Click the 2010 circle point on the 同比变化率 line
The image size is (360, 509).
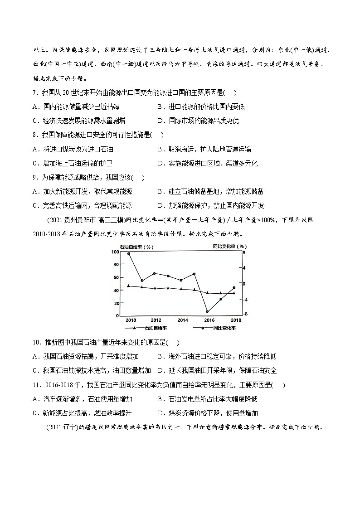pyautogui.click(x=129, y=254)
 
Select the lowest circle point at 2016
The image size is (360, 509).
pyautogui.click(x=207, y=311)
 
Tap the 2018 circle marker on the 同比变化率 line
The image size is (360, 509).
pyautogui.click(x=234, y=287)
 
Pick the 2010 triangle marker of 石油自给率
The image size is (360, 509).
pyautogui.click(x=129, y=286)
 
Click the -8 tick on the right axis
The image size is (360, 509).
pyautogui.click(x=245, y=314)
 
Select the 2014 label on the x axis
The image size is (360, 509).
pyautogui.click(x=182, y=320)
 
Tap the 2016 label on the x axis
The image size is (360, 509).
pyautogui.click(x=209, y=320)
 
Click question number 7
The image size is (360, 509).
pyautogui.click(x=35, y=93)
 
